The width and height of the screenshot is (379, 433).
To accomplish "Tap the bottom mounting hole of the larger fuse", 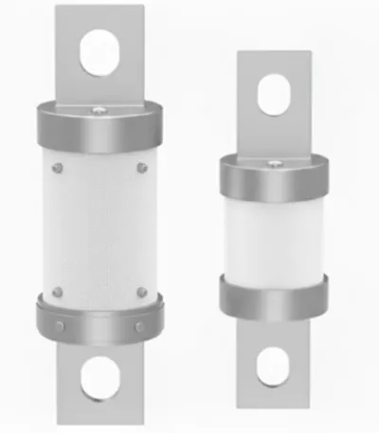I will (x=99, y=378).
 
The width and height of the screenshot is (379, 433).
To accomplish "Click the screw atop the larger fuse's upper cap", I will (x=99, y=112).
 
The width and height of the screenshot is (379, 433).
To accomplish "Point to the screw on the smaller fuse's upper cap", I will (x=273, y=164).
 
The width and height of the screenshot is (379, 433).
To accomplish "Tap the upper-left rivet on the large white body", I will (x=58, y=168).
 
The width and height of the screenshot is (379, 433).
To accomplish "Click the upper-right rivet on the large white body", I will (x=141, y=168).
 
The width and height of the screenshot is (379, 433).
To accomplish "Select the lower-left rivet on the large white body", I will (x=58, y=292).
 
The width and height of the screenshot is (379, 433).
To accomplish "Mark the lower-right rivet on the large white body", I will (x=141, y=292).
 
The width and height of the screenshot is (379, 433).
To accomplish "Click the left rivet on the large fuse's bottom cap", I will (x=60, y=327).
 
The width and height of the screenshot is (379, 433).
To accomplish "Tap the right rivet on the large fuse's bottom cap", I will (x=139, y=327).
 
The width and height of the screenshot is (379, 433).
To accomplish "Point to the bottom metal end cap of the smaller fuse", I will (x=273, y=296).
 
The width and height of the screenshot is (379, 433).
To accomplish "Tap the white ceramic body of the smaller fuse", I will (x=273, y=237).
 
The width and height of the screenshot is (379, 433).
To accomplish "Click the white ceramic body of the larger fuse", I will (x=99, y=227).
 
